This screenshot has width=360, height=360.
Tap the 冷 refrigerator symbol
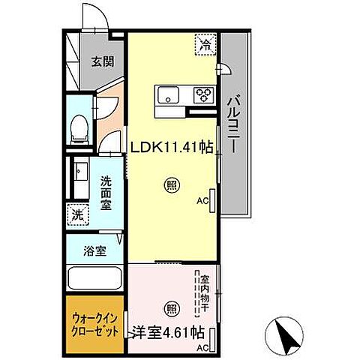[204, 45]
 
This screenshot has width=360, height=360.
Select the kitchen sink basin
[166, 94]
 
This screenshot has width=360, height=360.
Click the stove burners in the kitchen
[202, 95]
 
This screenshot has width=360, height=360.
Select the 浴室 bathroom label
[95, 250]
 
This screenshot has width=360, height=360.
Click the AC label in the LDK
[201, 201]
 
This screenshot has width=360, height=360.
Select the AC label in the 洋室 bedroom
[202, 348]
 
